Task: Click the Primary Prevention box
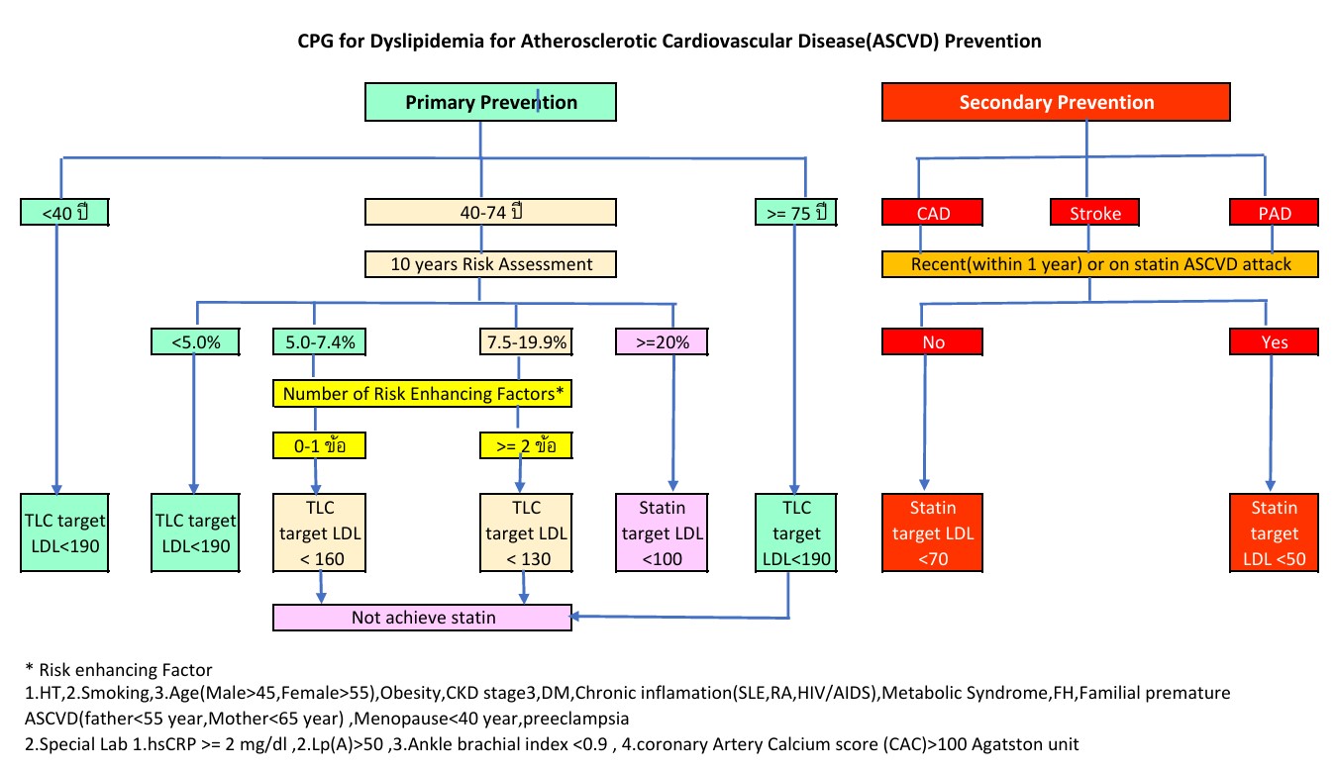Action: pos(490,102)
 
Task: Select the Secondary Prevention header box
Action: pos(1056,102)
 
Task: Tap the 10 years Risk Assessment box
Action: pos(490,264)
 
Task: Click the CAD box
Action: pos(932,212)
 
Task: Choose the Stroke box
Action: pos(1094,212)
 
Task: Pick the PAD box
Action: pos(1274,212)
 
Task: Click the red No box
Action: pos(932,341)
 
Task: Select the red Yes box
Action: pos(1274,341)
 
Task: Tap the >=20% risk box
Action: pos(662,341)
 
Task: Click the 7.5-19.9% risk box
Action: pos(526,341)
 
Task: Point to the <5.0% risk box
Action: pos(195,341)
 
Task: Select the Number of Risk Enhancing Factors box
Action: pos(422,393)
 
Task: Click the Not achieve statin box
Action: pos(422,618)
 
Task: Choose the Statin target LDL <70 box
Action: pos(932,532)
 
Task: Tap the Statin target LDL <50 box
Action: pos(1274,532)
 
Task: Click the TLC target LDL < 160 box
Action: pos(319,532)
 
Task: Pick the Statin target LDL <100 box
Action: pos(662,532)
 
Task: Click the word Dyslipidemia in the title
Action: pos(427,42)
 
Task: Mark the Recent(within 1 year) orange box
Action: pos(1100,264)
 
